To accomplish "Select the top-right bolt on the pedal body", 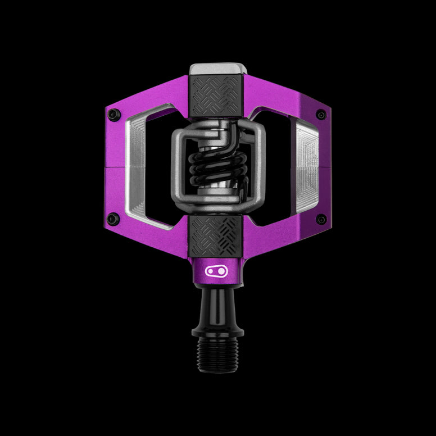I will pos(321,115).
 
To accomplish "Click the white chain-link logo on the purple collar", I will pos(217,271).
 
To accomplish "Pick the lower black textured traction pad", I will pos(218,231).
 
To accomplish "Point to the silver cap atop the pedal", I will pos(217,70).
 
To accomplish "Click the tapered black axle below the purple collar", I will pos(217,303).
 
